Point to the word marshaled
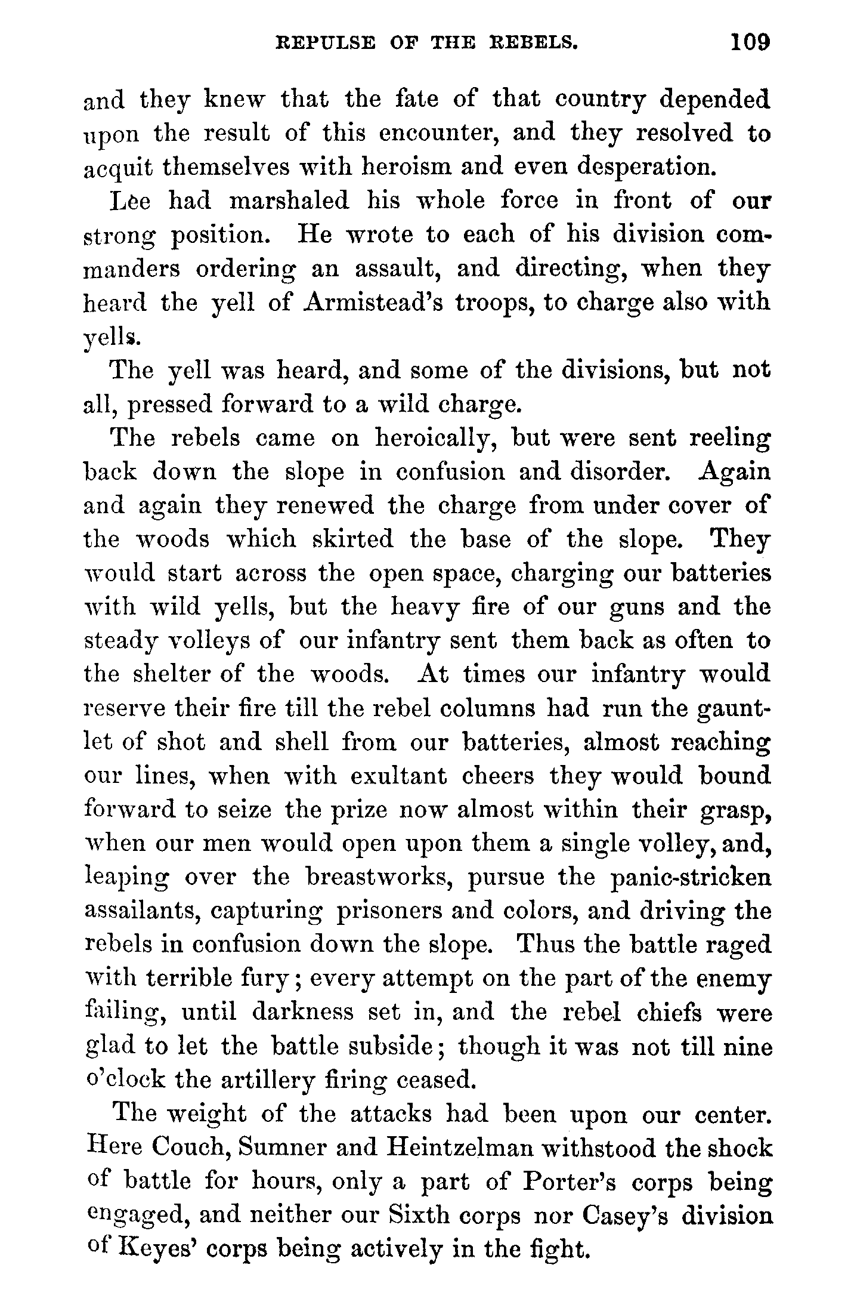289,201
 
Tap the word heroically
437,439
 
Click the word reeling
729,439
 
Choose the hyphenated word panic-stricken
691,878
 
